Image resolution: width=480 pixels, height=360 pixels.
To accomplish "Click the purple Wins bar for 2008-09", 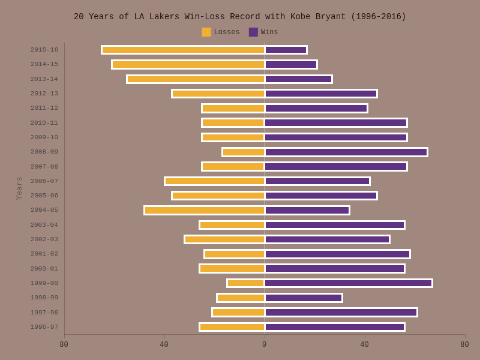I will pyautogui.click(x=346, y=152).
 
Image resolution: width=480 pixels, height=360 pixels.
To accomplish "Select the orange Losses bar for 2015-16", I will pyautogui.click(x=183, y=50).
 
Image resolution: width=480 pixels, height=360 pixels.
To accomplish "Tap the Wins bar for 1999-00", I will pyautogui.click(x=349, y=283).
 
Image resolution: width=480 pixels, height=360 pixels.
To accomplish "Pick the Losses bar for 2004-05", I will pyautogui.click(x=205, y=210).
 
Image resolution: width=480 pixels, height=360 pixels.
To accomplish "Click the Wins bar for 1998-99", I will pyautogui.click(x=304, y=298).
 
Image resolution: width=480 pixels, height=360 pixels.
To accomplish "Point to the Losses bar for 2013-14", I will pyautogui.click(x=196, y=79).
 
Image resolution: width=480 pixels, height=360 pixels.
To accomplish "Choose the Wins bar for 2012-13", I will pyautogui.click(x=321, y=94).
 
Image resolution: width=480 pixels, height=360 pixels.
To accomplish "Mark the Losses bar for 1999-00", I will pyautogui.click(x=246, y=283).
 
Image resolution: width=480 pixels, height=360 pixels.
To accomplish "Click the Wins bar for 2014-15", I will pyautogui.click(x=291, y=64).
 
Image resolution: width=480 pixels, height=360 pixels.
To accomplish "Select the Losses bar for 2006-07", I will pyautogui.click(x=215, y=181).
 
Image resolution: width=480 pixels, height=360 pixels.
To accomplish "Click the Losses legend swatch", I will pyautogui.click(x=206, y=32).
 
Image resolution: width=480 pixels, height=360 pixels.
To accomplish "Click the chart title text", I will pyautogui.click(x=240, y=17).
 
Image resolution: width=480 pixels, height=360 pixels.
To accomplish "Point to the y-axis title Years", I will pyautogui.click(x=19, y=188).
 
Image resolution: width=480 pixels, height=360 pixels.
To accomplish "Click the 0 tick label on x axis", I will pyautogui.click(x=265, y=344).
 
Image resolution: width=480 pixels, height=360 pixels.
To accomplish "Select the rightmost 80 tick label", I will pyautogui.click(x=464, y=344).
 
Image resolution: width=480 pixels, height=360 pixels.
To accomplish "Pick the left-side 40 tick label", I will pyautogui.click(x=164, y=344).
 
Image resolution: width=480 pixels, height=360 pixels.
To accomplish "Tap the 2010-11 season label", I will pyautogui.click(x=44, y=123).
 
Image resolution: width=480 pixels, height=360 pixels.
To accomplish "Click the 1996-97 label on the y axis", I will pyautogui.click(x=44, y=327).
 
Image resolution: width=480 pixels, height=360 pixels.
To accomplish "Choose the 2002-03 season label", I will pyautogui.click(x=44, y=239).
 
